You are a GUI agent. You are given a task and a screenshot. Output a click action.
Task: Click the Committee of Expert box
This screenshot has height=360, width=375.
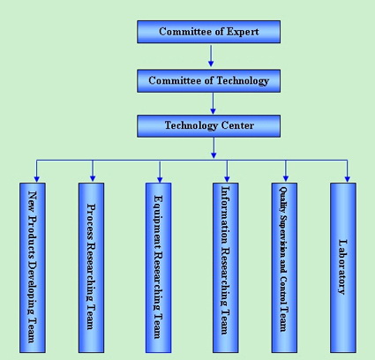tap(208, 32)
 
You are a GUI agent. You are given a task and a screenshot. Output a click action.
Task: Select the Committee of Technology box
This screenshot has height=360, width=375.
tap(208, 81)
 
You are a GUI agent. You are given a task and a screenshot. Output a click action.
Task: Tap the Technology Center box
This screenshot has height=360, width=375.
tap(208, 126)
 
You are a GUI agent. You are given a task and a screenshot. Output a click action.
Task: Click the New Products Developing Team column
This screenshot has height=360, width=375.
tap(33, 267)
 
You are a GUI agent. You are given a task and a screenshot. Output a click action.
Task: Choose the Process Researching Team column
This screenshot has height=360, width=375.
tap(91, 267)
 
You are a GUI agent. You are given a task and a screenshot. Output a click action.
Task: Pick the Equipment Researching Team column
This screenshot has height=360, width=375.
tap(158, 267)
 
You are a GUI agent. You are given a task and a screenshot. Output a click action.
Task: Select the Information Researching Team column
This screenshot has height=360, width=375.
tap(226, 267)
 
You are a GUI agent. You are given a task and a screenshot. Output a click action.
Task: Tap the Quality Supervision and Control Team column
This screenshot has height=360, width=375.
tap(284, 267)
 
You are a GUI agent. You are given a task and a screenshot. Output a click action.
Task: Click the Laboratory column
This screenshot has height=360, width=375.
tap(343, 267)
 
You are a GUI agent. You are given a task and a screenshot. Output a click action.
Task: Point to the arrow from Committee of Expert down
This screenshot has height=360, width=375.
tap(211, 56)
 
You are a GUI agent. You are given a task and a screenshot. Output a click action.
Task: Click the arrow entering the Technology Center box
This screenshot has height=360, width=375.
tap(213, 103)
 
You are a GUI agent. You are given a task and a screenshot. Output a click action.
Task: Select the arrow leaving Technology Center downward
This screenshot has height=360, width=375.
tap(214, 148)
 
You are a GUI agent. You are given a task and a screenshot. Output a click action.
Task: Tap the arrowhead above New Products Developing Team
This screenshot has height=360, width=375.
tap(36, 179)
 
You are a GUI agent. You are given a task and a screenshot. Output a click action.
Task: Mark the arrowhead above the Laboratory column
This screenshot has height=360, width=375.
tap(348, 179)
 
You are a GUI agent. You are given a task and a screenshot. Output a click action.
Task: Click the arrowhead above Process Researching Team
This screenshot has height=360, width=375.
tap(93, 178)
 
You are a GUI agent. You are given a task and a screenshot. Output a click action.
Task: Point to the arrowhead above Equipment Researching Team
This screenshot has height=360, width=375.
tap(160, 179)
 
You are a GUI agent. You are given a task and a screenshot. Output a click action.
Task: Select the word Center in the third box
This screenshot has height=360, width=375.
tap(237, 125)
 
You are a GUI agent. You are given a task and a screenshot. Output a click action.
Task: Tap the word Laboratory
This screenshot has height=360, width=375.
tap(343, 267)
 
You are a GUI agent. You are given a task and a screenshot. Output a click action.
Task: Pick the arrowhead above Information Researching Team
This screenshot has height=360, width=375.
tap(227, 179)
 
